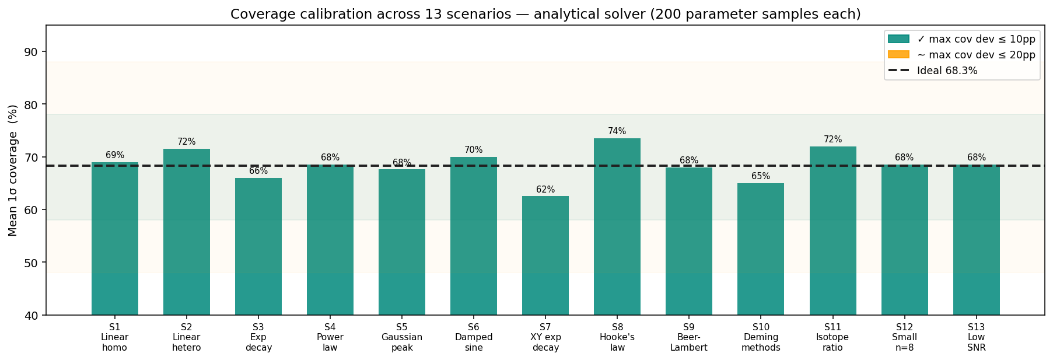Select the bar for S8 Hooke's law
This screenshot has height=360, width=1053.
tap(617, 228)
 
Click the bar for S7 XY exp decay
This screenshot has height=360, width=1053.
tap(545, 257)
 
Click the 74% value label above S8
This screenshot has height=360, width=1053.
tap(617, 131)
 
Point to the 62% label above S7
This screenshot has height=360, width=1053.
tap(545, 190)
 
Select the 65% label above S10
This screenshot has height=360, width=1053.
tap(760, 176)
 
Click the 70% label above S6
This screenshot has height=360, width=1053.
tap(473, 150)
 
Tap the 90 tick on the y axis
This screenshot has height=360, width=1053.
tap(32, 52)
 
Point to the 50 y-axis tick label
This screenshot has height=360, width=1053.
tap(32, 263)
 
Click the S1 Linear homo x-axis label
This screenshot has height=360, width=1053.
tap(114, 337)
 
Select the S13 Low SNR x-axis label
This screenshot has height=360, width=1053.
tap(976, 337)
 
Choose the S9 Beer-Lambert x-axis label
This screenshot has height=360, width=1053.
tap(688, 337)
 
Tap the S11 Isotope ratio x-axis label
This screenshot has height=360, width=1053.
tap(832, 337)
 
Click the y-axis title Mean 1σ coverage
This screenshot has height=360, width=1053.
tap(13, 170)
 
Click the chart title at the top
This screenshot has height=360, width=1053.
tap(545, 14)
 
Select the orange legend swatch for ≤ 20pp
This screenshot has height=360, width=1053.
tap(898, 55)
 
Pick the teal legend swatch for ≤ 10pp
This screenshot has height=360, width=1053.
tap(898, 39)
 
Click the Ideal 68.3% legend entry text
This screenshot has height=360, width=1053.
tap(947, 71)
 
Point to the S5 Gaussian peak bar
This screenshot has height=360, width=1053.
tap(401, 242)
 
